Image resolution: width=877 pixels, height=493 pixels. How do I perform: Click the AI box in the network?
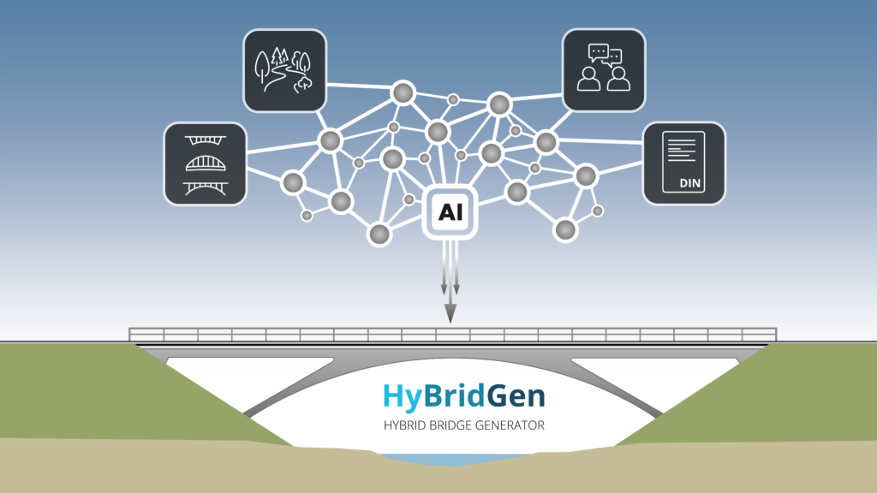click(450, 212)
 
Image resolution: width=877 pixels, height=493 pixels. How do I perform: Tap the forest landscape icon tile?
click(284, 70)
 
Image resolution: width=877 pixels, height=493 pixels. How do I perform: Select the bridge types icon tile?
click(206, 163)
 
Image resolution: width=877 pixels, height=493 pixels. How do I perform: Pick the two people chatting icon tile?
click(604, 70)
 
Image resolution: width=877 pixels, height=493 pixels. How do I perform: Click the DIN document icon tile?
click(684, 163)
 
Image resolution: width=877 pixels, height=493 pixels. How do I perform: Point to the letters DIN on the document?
click(689, 183)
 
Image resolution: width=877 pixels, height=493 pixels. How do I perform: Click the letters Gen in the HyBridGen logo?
click(516, 396)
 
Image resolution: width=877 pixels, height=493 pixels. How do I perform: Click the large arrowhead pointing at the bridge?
click(450, 313)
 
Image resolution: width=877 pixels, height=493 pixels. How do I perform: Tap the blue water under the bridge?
click(454, 460)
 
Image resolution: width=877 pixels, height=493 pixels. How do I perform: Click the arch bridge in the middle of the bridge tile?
click(206, 163)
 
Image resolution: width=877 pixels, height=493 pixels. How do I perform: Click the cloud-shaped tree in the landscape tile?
click(304, 85)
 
